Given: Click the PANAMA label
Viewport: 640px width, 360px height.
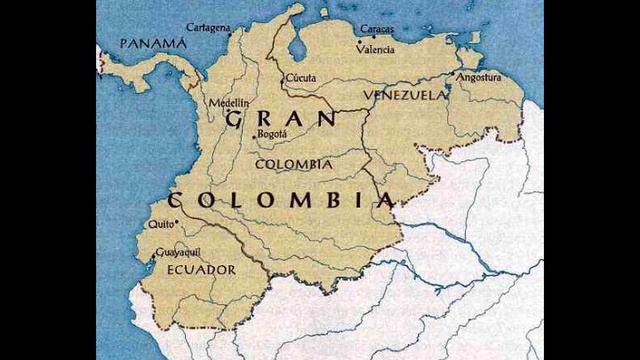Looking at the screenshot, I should tap(152, 43).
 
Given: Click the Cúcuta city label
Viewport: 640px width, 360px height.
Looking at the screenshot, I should tap(300, 77).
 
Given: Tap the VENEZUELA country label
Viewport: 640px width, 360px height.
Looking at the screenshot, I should tap(404, 95).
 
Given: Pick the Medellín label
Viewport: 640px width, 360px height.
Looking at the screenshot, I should tap(228, 103).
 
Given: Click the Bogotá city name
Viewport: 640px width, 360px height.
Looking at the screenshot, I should tap(272, 133).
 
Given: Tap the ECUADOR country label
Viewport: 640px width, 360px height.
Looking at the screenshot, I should tap(201, 270).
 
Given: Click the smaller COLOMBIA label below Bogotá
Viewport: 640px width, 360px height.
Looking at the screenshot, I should tap(294, 163).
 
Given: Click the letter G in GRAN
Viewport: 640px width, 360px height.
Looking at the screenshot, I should tap(235, 120).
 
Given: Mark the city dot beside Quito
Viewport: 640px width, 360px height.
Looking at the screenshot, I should tap(176, 223).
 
